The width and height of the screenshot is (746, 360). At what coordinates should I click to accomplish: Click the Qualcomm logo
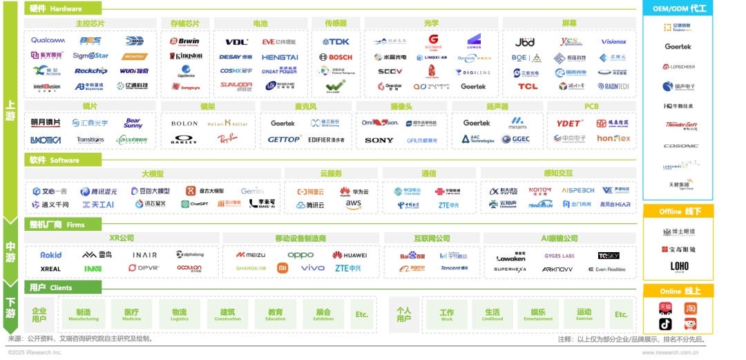[48, 41]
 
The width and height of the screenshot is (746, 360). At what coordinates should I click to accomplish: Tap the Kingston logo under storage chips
[185, 56]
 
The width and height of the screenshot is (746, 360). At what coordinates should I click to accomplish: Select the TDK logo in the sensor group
[336, 41]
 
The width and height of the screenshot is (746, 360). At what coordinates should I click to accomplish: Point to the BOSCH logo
[336, 57]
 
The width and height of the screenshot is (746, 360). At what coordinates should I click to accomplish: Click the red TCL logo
[528, 86]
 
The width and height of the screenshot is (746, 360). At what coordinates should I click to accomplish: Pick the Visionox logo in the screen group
[613, 41]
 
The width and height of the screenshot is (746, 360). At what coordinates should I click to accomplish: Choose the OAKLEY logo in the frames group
[184, 139]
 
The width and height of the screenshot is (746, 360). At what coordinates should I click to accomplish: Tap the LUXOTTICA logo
[46, 140]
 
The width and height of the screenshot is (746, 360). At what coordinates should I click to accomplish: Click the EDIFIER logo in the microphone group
[326, 140]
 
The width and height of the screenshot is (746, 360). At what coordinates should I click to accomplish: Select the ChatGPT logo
[195, 204]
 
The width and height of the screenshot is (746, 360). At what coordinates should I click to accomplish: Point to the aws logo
[354, 205]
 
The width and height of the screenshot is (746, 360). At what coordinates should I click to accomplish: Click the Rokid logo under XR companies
[50, 255]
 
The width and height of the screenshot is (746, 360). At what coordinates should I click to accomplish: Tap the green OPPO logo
[300, 255]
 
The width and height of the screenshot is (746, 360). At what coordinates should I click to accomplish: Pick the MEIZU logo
[250, 255]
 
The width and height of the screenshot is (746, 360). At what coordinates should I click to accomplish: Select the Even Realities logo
[606, 269]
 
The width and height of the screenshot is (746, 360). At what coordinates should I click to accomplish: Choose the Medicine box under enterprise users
[132, 314]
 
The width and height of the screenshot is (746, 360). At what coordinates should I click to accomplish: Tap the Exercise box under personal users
[584, 314]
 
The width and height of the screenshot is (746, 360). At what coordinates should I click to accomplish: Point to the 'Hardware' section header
[62, 9]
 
